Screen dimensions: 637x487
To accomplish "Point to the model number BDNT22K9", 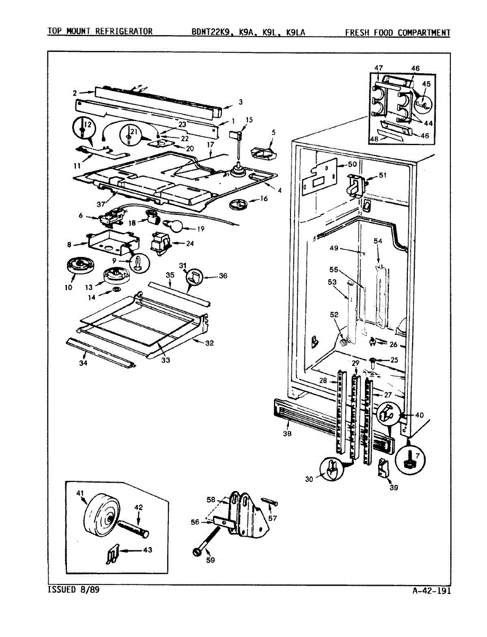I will (212, 32).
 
